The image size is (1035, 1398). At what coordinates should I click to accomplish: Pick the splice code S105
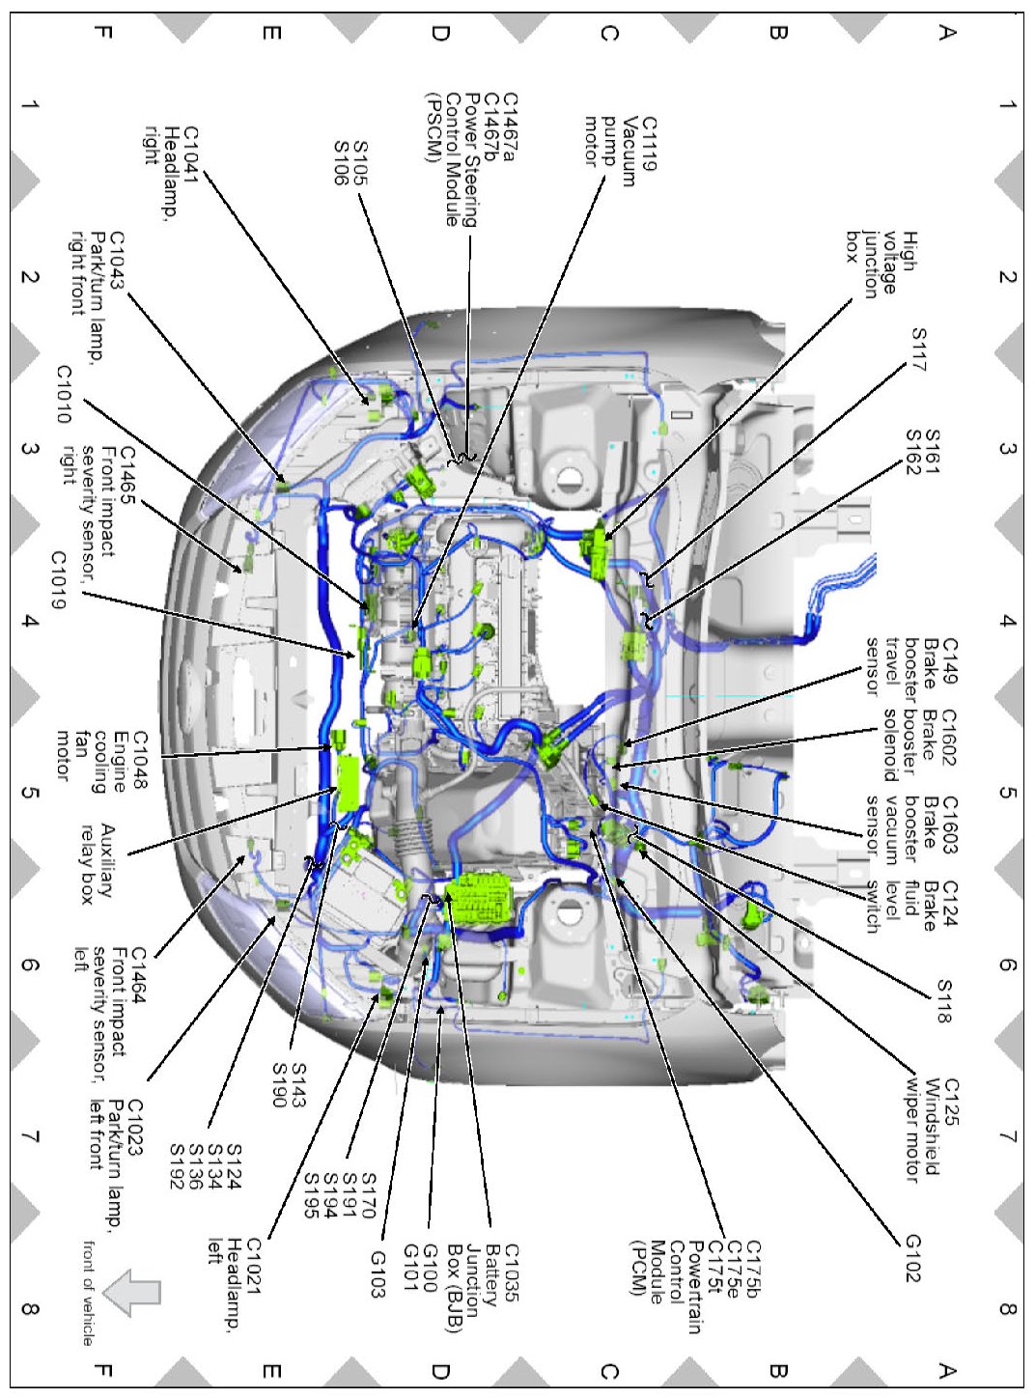pyautogui.click(x=360, y=162)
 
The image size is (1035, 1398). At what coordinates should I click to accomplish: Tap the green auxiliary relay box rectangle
pyautogui.click(x=348, y=784)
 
